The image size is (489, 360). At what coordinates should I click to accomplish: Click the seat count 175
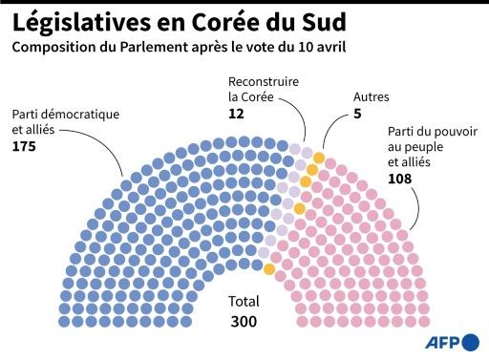[x=26, y=147]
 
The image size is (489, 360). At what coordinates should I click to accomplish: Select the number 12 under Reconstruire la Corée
[x=237, y=113]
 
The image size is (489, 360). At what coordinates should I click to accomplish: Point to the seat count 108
[x=401, y=179]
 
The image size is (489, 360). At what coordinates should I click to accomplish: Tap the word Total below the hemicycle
[x=244, y=300]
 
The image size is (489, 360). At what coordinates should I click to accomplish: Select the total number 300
[x=244, y=322]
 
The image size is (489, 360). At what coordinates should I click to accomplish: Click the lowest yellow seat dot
[x=270, y=270]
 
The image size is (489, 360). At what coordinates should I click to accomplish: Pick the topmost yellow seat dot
[x=318, y=158]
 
